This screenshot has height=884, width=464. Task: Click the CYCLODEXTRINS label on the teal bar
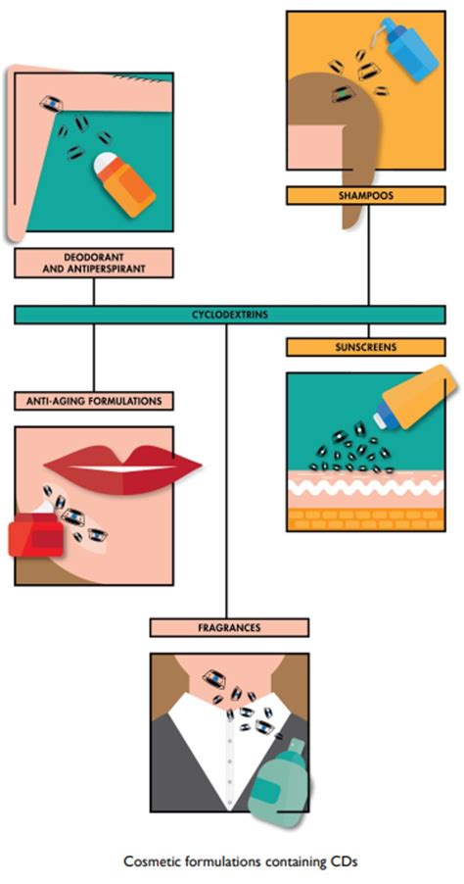pyautogui.click(x=232, y=315)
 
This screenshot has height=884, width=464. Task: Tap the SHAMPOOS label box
pyautogui.click(x=367, y=195)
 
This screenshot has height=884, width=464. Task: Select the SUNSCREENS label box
pyautogui.click(x=367, y=347)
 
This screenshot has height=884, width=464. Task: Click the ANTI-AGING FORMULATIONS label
pyautogui.click(x=94, y=401)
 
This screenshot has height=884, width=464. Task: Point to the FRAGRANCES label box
pyautogui.click(x=229, y=626)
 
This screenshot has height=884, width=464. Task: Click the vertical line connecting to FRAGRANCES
pyautogui.click(x=227, y=470)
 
